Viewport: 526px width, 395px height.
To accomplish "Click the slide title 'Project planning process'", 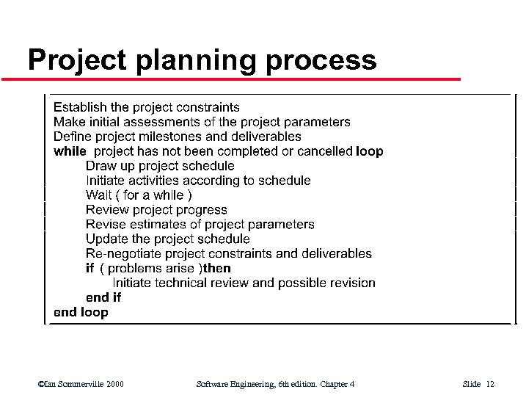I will [x=202, y=59].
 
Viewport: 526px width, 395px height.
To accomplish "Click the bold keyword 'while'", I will [x=70, y=151].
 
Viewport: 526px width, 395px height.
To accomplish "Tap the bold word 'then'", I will [x=216, y=268].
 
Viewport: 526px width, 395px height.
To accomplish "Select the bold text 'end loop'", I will [x=81, y=312].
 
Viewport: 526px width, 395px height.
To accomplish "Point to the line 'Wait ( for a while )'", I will [x=139, y=195].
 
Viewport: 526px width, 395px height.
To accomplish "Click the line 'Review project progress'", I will [x=156, y=209].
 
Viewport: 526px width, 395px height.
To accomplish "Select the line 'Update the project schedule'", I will [x=167, y=239].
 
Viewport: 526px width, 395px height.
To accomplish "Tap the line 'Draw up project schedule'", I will [x=160, y=165].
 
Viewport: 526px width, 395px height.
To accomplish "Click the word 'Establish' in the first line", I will [x=80, y=107].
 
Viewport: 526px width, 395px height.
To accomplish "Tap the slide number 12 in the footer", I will [x=490, y=384].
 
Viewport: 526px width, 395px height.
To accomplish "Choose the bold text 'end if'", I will [x=103, y=297].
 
